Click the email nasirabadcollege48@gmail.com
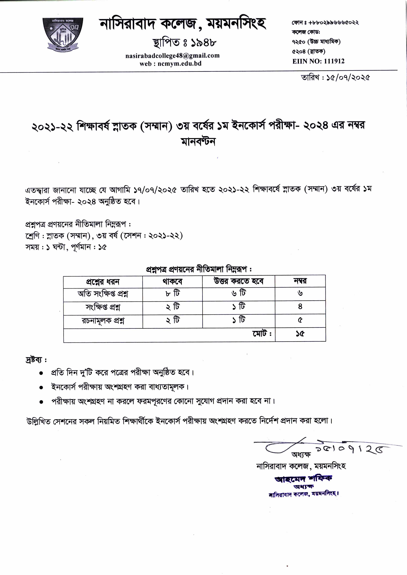172,56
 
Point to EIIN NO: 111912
318,61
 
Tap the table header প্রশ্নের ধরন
103,282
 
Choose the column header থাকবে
172,282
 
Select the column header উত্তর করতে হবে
238,281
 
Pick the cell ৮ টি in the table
172,293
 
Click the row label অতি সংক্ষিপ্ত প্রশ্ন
103,294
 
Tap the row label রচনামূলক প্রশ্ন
103,321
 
